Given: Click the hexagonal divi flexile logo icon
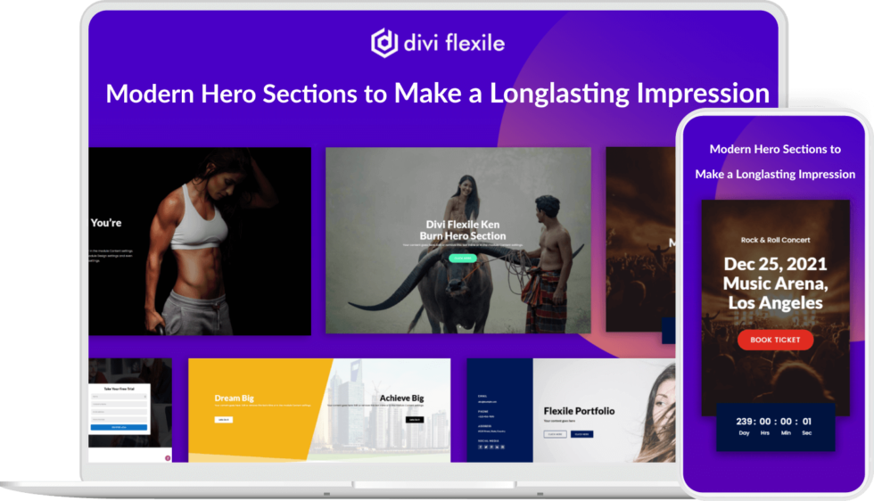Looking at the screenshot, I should click(384, 43).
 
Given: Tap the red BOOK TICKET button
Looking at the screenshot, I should click(775, 340).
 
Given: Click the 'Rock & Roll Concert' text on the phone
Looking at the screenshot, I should click(775, 240).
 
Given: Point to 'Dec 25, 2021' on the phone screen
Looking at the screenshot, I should click(775, 265).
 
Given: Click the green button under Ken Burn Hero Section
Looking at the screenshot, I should click(463, 259).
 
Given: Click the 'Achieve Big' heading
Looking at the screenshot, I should click(401, 398).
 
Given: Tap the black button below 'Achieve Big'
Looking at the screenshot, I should click(414, 419).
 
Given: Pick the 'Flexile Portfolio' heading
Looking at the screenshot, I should click(579, 411).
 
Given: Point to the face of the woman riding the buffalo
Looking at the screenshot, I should click(464, 185).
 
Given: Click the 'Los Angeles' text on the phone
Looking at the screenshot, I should click(775, 303).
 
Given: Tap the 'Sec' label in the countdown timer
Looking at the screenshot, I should click(806, 433).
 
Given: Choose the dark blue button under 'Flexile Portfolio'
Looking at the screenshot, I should click(581, 434).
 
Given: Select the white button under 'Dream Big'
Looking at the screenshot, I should click(223, 419).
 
